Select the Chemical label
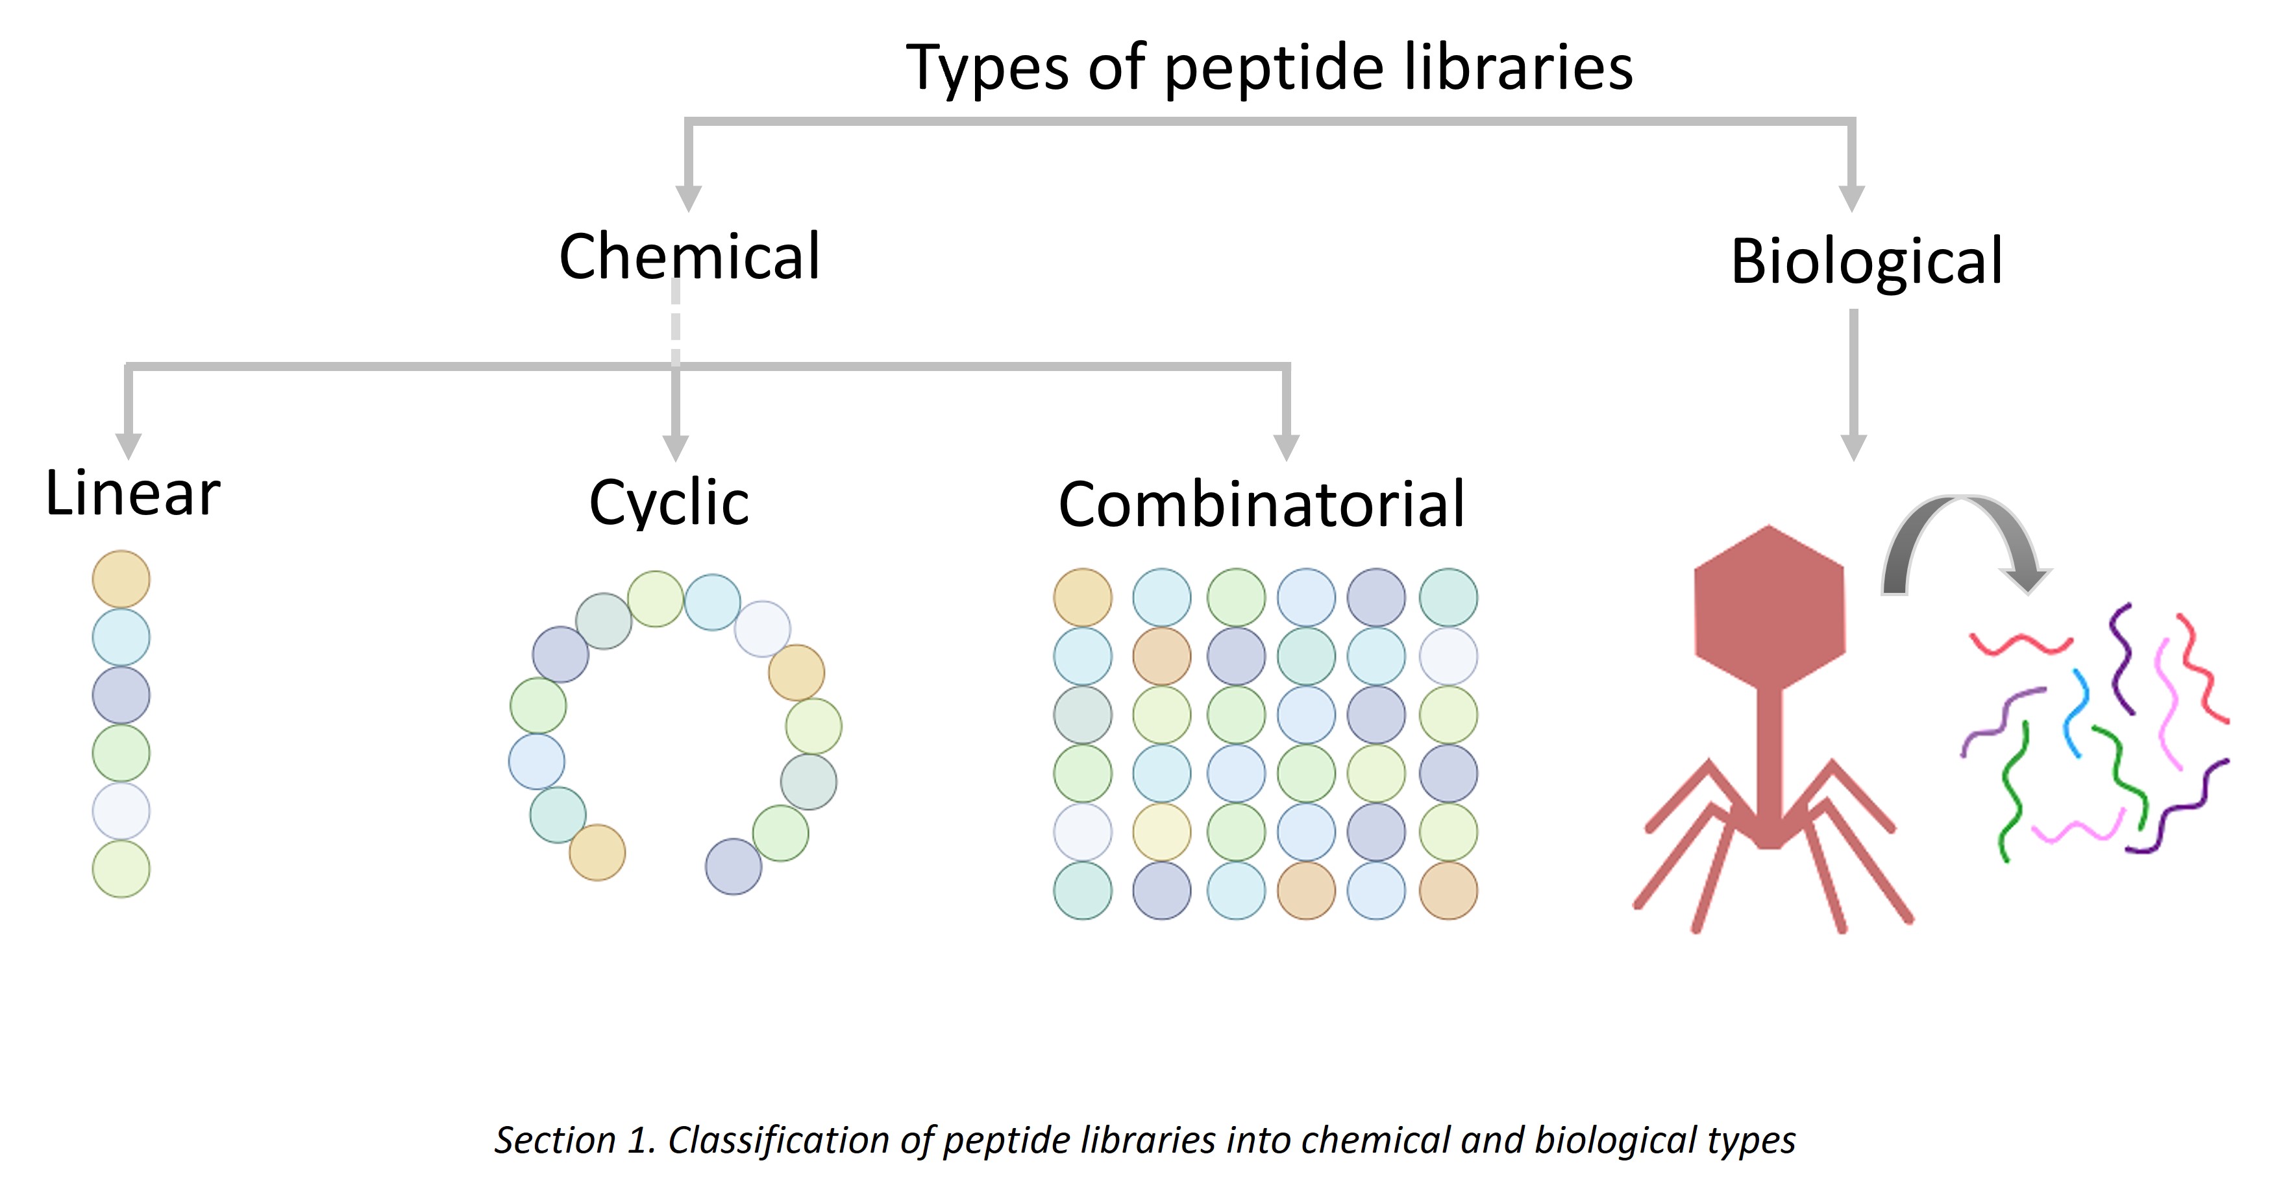(689, 256)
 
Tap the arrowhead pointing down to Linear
(129, 446)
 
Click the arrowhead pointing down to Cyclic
(675, 448)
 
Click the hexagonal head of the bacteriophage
(1769, 608)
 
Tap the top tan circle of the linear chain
(121, 579)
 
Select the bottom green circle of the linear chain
(121, 869)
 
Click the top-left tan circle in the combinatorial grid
(1082, 597)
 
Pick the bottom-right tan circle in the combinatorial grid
(1448, 891)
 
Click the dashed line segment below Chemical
(675, 322)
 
